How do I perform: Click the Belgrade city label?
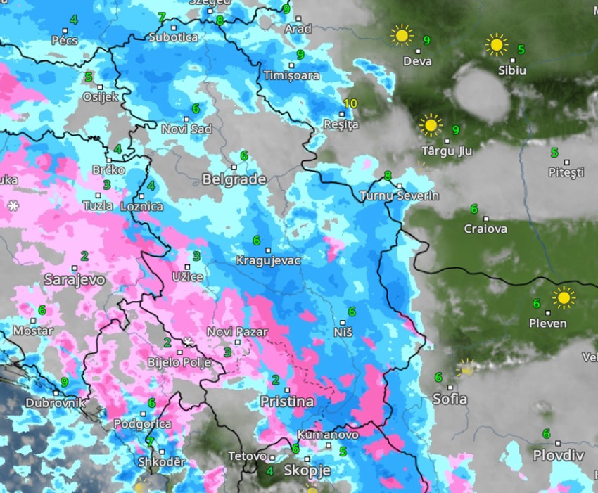[x=234, y=179]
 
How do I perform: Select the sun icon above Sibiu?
[x=497, y=46]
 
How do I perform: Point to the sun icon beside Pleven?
[x=563, y=297]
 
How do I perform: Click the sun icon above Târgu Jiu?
[x=430, y=126]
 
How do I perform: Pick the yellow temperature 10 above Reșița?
[x=350, y=104]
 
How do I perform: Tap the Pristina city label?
[x=287, y=402]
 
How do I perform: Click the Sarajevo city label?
[x=75, y=279]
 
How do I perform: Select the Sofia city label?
[x=450, y=399]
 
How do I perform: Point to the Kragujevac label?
[x=268, y=261]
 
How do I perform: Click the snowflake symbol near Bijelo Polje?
[x=187, y=342]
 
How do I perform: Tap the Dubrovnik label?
[x=56, y=404]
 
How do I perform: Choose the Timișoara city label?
[x=291, y=75]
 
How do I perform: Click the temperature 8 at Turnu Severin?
[x=388, y=176]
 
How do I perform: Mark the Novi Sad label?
[x=186, y=129]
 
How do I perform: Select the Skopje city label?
[x=307, y=469]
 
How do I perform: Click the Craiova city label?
[x=485, y=229]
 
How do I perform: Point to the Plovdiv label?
[x=558, y=455]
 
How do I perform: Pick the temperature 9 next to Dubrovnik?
[x=65, y=382]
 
